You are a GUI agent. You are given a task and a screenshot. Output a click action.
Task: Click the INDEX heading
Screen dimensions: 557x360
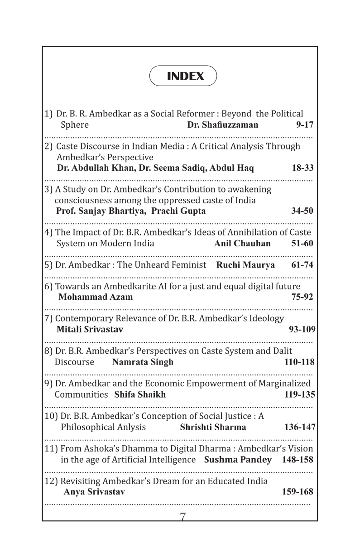[x=185, y=76]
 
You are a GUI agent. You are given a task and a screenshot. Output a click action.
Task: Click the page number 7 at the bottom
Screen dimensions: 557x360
[x=182, y=517]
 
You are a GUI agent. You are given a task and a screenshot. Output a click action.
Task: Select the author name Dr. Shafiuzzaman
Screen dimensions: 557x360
[x=222, y=125]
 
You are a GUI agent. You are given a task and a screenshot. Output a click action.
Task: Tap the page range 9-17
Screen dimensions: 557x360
[x=304, y=125]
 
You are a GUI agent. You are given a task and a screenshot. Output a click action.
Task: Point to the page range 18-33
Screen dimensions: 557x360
[x=302, y=168]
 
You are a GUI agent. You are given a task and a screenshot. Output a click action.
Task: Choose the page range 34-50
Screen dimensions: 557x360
[x=302, y=211]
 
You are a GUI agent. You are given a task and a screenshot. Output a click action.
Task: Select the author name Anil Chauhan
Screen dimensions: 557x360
[x=242, y=243]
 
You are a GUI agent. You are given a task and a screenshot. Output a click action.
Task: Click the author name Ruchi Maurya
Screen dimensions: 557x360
[x=245, y=265]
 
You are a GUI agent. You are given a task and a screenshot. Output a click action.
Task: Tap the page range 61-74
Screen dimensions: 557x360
[x=302, y=265]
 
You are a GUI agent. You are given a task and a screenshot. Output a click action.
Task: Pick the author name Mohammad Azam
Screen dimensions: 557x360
[x=96, y=297]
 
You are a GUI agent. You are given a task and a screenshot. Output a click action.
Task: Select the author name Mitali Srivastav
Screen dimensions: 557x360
[x=90, y=329]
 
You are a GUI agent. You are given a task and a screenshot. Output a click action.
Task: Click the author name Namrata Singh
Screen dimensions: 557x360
[x=143, y=362]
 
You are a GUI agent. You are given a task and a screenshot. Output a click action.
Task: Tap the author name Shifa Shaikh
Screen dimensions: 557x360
[x=140, y=394]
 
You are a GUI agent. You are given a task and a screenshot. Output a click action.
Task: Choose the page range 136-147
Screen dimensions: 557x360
[x=300, y=427]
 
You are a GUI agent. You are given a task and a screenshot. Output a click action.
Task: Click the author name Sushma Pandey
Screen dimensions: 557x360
[x=238, y=460]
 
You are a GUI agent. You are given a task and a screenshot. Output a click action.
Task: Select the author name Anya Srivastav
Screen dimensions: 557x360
[x=94, y=492]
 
